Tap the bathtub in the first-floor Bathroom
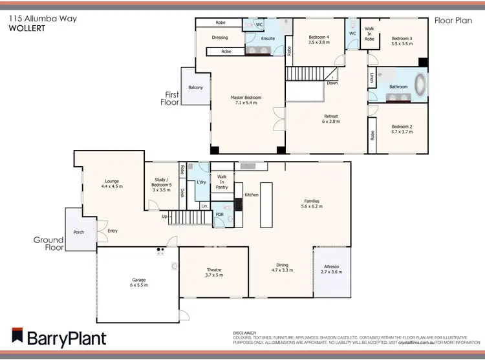[x=420, y=86]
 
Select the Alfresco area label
[x=331, y=269]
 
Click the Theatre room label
[x=213, y=272]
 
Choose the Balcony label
[x=195, y=87]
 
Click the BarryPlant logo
[x=58, y=337]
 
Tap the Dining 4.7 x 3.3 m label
[x=282, y=267]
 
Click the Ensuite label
[x=268, y=38]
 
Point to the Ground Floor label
[x=48, y=243]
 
